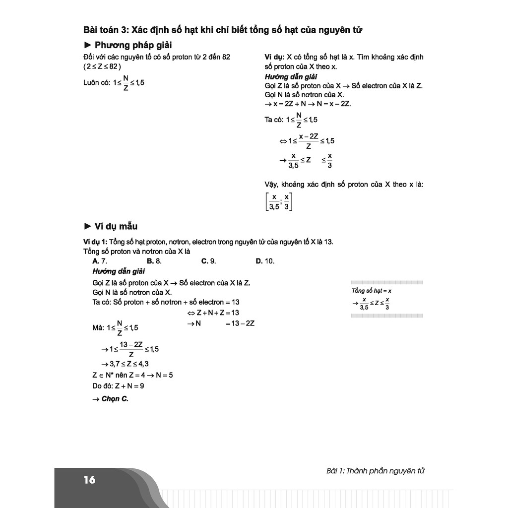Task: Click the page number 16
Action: [x=89, y=480]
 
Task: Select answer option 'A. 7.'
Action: [x=100, y=261]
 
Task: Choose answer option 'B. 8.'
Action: [x=154, y=261]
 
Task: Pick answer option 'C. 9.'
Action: [x=208, y=261]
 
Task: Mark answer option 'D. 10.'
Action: [x=265, y=261]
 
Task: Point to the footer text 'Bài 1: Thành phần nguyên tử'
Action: [x=376, y=471]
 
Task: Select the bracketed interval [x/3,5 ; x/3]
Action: [x=279, y=201]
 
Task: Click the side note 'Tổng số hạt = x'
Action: [x=372, y=291]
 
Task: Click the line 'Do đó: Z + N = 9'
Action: [x=118, y=385]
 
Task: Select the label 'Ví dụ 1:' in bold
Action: [x=96, y=242]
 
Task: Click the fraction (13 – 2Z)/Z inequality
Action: [x=130, y=349]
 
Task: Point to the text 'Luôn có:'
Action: [x=97, y=83]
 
